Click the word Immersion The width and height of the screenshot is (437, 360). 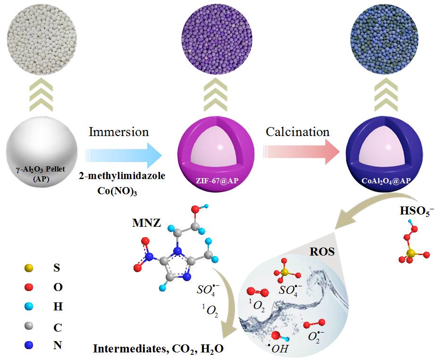(x=118, y=131)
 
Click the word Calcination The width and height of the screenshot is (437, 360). (x=297, y=131)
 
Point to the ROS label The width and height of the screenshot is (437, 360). (x=322, y=252)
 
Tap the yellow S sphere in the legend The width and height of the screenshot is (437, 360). (x=30, y=267)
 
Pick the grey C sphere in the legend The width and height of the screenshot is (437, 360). (x=30, y=326)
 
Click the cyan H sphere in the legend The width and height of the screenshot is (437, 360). (x=30, y=307)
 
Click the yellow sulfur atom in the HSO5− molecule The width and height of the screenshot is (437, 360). (x=410, y=254)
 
